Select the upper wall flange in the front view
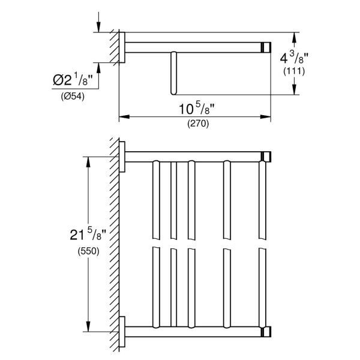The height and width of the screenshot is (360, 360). click(x=122, y=157)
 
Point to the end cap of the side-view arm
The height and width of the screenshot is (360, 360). click(x=265, y=46)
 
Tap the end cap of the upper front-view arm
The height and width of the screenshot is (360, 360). click(x=265, y=157)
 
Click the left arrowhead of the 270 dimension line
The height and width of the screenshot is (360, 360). click(x=122, y=116)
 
